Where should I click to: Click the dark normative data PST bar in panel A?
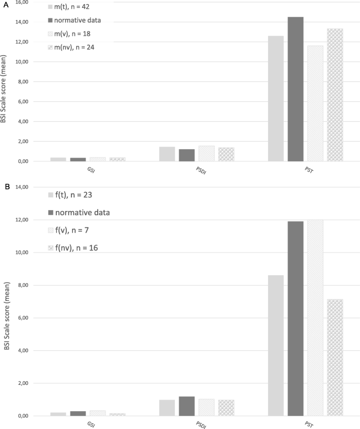pyautogui.click(x=295, y=89)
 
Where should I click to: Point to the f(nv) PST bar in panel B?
pyautogui.click(x=335, y=358)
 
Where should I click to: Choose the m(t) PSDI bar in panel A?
pyautogui.click(x=167, y=154)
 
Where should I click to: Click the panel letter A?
pyautogui.click(x=4, y=4)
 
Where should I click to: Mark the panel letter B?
pyautogui.click(x=4, y=185)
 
